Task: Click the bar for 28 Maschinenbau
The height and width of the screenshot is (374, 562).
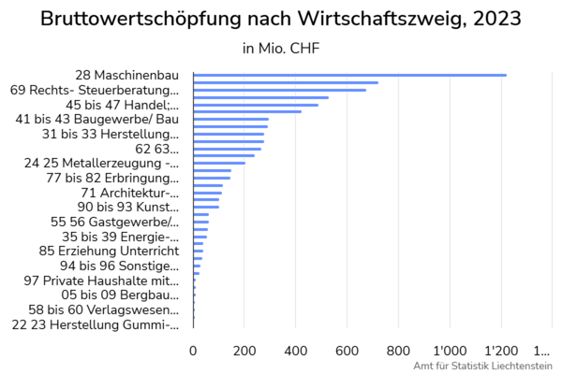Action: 349,75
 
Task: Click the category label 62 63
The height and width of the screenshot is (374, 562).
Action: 156,148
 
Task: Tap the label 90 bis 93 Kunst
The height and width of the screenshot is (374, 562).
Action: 127,207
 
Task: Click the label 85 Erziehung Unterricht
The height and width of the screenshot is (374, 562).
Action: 109,251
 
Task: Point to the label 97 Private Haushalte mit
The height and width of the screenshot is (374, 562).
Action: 101,280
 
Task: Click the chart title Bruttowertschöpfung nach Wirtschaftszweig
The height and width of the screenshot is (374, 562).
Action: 281,18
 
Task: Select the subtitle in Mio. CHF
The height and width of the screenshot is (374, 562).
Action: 281,49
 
